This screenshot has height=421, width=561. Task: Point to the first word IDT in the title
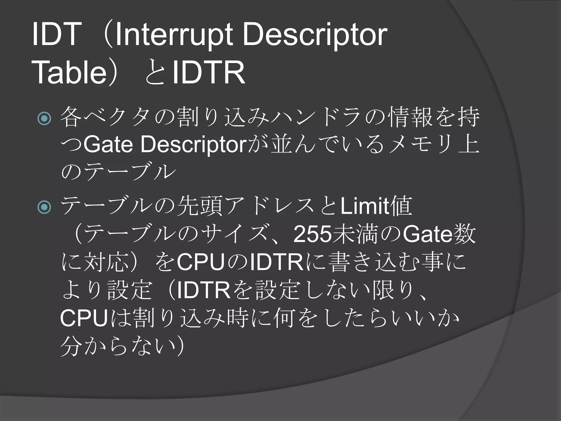56,35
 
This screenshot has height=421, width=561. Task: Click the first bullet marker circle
44,118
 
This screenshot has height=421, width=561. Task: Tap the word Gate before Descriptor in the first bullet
108,144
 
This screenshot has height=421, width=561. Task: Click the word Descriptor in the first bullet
194,144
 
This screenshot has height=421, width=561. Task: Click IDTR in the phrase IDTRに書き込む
277,262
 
